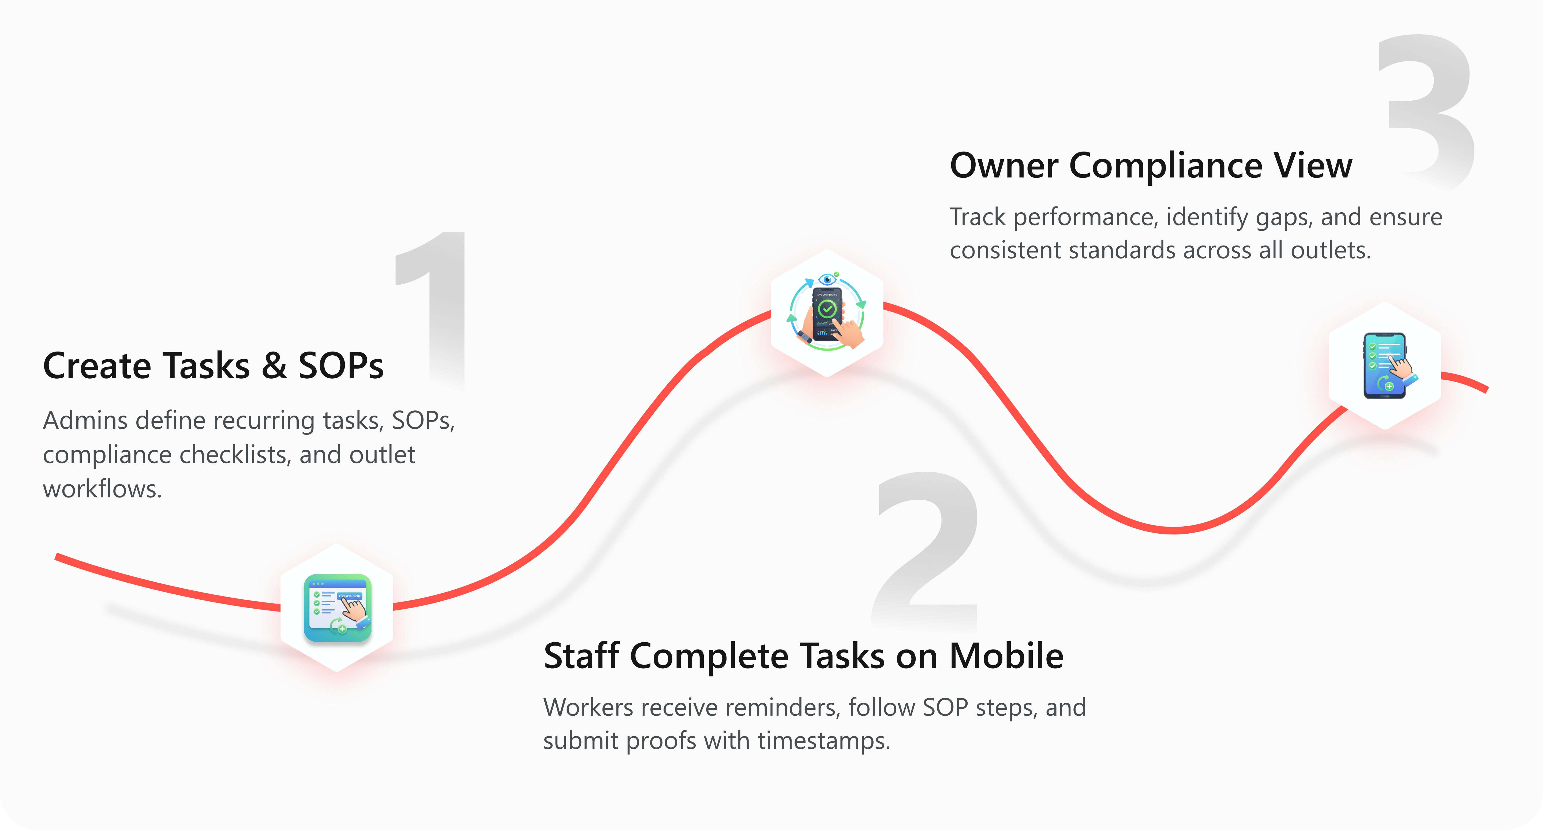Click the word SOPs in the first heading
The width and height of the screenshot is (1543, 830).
(341, 366)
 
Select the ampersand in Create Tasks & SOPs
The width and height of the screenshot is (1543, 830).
(274, 366)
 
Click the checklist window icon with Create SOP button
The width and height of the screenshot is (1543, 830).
(337, 608)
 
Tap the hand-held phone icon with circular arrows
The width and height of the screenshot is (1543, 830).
(827, 311)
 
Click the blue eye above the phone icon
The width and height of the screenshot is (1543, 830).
(827, 279)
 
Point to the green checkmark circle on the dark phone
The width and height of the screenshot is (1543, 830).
(827, 309)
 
